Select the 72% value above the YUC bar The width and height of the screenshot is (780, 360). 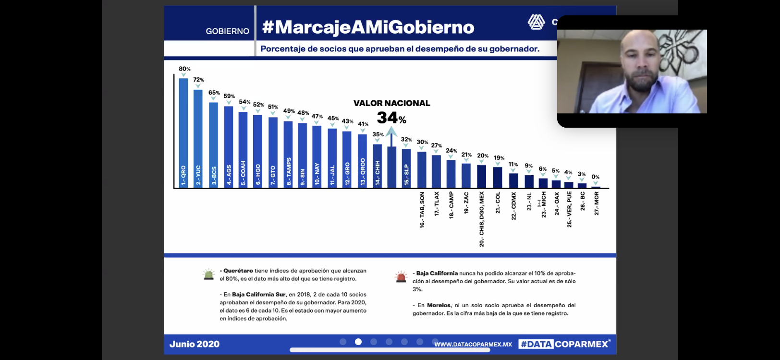(x=198, y=80)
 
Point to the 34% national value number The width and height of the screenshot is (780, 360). (x=388, y=118)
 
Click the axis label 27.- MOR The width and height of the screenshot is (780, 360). (x=597, y=203)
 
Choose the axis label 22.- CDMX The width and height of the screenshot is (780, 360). (x=513, y=206)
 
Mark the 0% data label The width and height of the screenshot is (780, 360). (x=596, y=177)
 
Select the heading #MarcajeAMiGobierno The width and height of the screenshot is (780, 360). (x=368, y=27)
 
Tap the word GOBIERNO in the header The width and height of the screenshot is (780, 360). (x=228, y=31)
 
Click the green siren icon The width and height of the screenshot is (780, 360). (x=208, y=275)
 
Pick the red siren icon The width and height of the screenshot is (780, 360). (x=401, y=276)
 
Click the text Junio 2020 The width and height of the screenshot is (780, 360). (x=195, y=344)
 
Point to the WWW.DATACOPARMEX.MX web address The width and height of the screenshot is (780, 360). (x=473, y=344)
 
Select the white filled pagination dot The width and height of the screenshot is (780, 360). (x=358, y=342)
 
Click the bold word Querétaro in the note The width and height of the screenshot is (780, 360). (x=238, y=271)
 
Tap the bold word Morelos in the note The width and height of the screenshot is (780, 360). (x=439, y=305)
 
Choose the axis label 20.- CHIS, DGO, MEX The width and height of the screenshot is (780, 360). (x=482, y=219)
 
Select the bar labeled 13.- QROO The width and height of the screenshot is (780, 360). (x=362, y=161)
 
